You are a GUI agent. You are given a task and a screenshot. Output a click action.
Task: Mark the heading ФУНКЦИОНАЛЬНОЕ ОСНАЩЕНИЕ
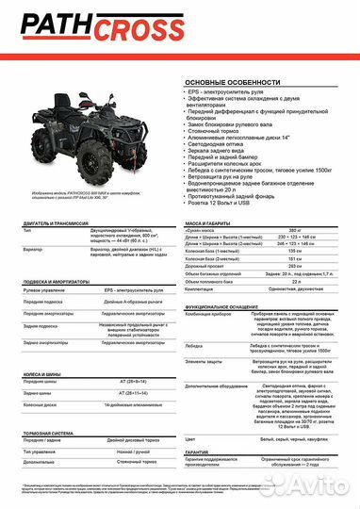pos(232,306)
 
